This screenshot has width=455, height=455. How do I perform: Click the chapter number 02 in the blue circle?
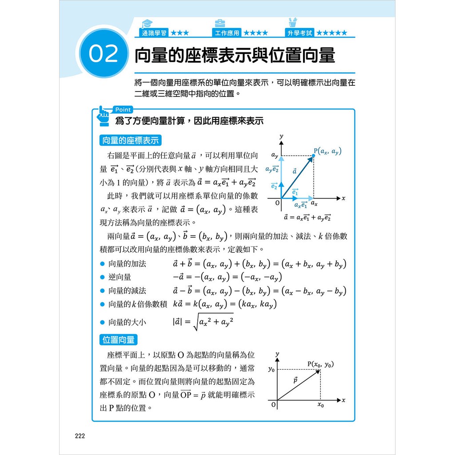[x=103, y=54]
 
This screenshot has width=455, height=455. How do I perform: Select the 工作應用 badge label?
[x=227, y=33]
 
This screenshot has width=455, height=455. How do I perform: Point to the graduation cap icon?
[x=146, y=23]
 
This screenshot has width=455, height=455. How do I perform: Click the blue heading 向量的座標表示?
[x=130, y=140]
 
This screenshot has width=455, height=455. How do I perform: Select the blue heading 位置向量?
[x=118, y=340]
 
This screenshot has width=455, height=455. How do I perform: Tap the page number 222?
[x=79, y=436]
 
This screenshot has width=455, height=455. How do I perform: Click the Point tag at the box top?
[x=122, y=110]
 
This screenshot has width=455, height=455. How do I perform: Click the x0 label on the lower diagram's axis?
[x=320, y=405]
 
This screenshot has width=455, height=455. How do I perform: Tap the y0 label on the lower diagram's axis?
[x=271, y=369]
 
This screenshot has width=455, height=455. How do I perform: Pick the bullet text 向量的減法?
[x=127, y=291]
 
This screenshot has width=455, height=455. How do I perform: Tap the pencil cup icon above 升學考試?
[x=292, y=23]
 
